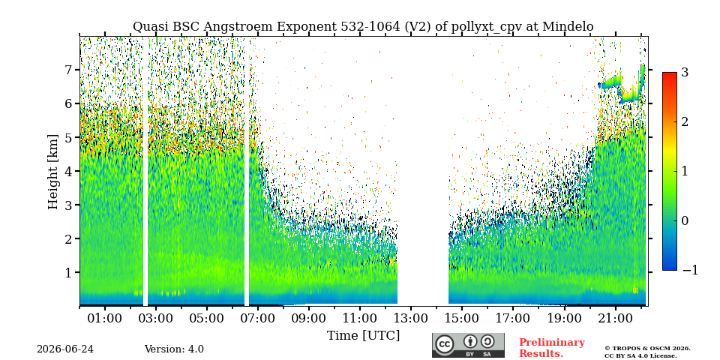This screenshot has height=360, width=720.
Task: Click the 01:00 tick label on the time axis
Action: pos(105,318)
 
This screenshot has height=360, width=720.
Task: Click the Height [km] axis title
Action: pos(53,172)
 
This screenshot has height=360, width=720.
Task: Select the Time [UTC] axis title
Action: pos(363,336)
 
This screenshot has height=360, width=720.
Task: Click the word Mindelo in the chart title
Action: pos(568,27)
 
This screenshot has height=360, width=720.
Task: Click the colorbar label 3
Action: pos(685,72)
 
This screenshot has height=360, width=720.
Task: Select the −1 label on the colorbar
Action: pos(690,270)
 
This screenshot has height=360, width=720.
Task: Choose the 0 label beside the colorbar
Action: pos(685,220)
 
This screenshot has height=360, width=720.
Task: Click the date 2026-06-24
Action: pos(65,349)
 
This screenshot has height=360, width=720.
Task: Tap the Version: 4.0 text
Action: pos(174,349)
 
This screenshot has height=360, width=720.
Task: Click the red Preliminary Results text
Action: pos(552,348)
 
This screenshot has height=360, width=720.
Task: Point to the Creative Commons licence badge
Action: pos(468,345)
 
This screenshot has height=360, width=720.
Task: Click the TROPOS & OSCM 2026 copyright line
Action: pos(647,349)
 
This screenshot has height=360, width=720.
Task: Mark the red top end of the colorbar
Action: pos(670,73)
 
